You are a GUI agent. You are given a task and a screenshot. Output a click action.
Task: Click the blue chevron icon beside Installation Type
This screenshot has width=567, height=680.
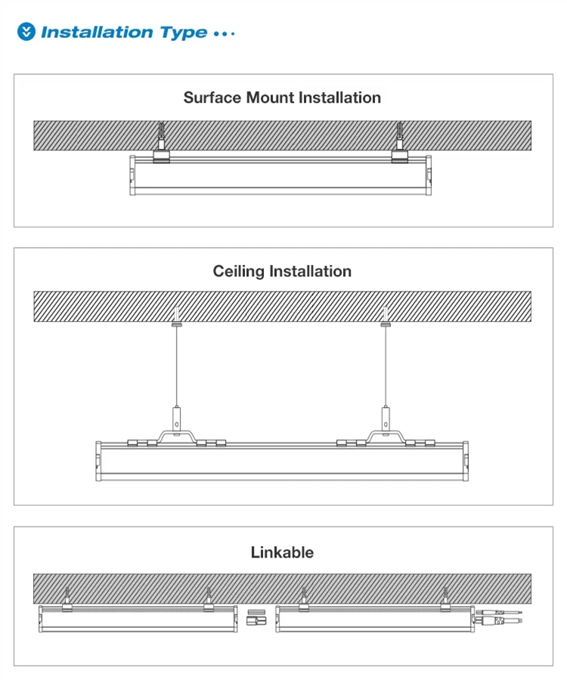[x=27, y=32]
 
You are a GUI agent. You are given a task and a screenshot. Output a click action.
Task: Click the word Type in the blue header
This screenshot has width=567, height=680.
[x=183, y=32]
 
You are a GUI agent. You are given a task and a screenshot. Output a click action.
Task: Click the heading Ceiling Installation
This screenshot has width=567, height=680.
[x=282, y=271]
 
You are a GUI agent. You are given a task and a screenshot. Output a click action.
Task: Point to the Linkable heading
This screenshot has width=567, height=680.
[x=282, y=552]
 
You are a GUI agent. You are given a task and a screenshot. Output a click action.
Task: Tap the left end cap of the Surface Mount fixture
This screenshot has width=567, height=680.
[x=132, y=175]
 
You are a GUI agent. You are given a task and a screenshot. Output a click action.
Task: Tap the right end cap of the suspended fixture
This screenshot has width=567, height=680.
[x=466, y=460]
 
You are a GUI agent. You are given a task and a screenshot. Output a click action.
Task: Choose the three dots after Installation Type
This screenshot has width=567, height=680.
[x=225, y=33]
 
